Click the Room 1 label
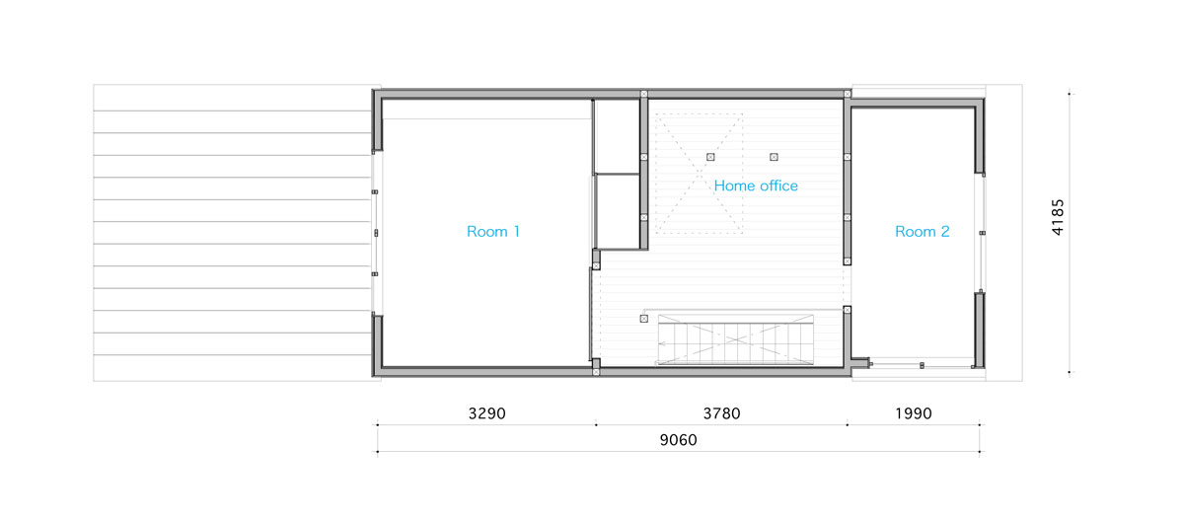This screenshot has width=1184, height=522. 492,232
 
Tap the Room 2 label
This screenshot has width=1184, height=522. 922,232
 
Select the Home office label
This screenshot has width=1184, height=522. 756,186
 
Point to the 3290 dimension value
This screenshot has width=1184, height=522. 486,413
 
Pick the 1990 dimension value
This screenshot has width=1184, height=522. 913,413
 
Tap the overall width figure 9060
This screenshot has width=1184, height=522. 678,441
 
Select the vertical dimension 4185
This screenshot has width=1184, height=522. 1058,217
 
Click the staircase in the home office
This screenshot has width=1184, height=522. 737,340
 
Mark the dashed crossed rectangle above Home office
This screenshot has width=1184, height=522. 701,173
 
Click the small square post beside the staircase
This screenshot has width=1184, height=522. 644,319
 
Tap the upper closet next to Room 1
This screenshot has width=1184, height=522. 618,135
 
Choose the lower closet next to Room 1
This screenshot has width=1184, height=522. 618,210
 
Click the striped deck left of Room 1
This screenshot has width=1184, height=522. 233,233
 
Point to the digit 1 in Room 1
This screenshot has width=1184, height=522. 515,232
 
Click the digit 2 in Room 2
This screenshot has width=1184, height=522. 944,232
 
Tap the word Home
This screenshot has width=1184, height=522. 733,186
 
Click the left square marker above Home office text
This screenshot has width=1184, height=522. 709,156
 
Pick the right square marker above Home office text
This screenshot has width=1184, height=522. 774,156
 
